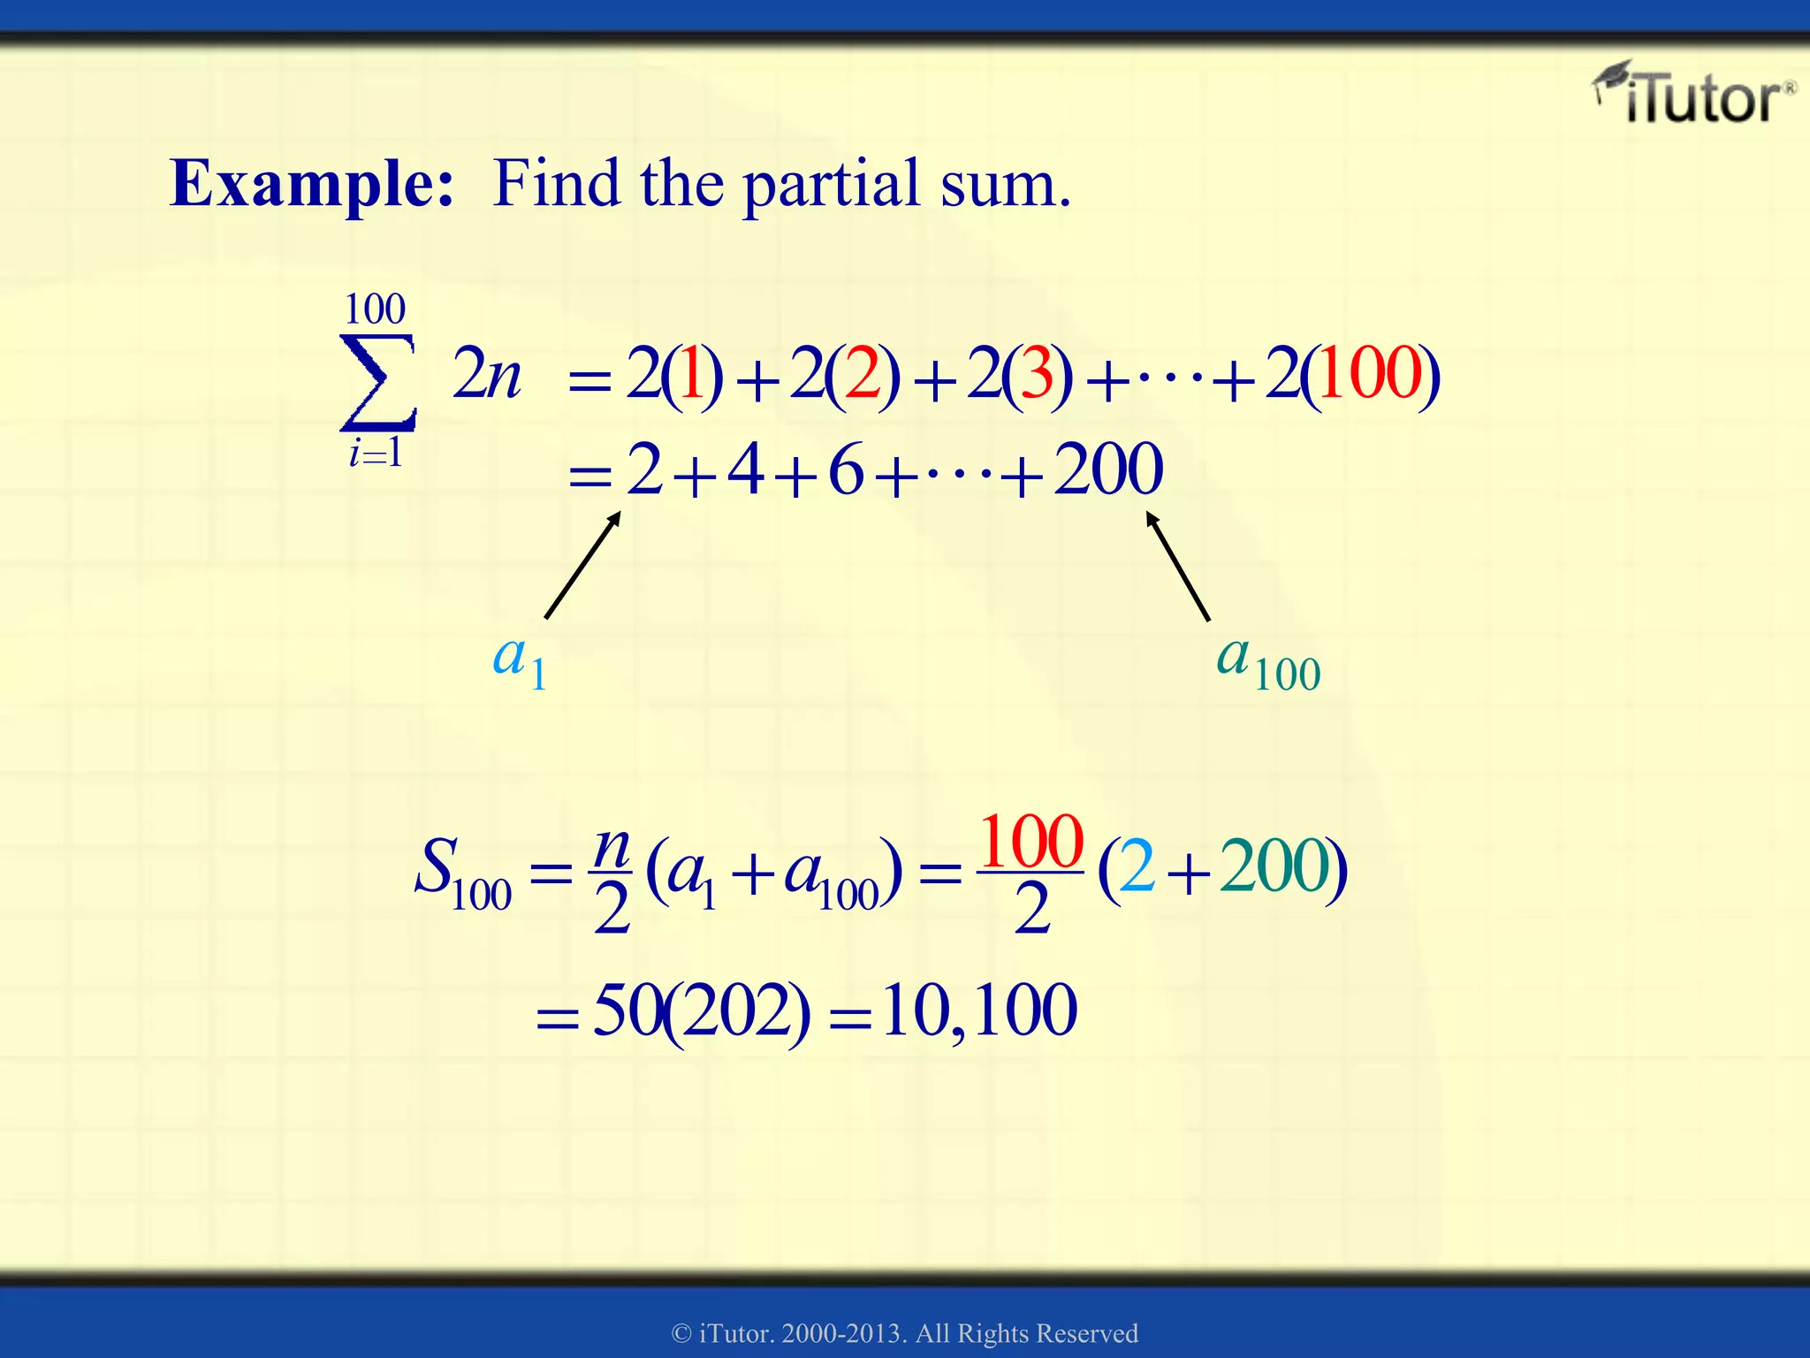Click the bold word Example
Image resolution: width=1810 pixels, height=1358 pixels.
pos(311,183)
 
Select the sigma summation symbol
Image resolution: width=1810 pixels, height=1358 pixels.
pos(378,382)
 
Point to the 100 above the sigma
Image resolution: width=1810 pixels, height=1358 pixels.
pos(375,309)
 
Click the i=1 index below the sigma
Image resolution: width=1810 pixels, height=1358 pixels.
pos(376,454)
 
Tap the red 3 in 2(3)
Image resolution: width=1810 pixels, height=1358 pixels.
pos(1038,374)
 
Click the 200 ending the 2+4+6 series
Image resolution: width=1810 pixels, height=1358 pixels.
pos(1108,469)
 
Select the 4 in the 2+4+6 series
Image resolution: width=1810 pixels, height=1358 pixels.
pos(745,469)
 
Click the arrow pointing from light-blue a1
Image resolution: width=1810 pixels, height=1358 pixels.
pos(582,566)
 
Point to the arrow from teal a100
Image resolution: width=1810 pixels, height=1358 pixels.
pos(1177,567)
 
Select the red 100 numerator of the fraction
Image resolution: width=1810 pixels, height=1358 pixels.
pos(1031,842)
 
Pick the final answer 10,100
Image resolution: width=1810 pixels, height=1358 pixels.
pos(979,1011)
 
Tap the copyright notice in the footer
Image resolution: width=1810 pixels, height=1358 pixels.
pos(905,1333)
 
